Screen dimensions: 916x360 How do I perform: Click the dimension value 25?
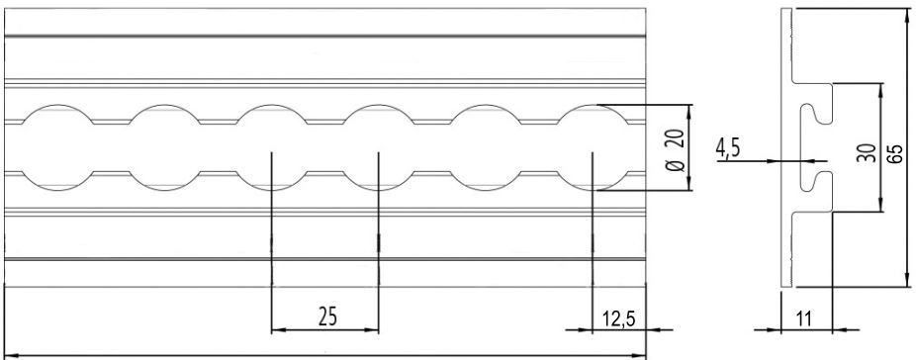[327, 316]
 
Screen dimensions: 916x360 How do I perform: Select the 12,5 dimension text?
[618, 319]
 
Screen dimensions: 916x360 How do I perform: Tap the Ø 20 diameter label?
[675, 150]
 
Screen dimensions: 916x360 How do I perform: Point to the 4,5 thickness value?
[728, 149]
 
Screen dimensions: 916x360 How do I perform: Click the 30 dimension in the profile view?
[869, 153]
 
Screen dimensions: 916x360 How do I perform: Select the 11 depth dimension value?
[804, 319]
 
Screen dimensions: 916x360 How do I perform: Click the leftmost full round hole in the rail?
[57, 147]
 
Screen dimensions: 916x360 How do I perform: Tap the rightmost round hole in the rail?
[593, 147]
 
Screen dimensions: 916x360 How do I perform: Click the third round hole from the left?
[272, 147]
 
